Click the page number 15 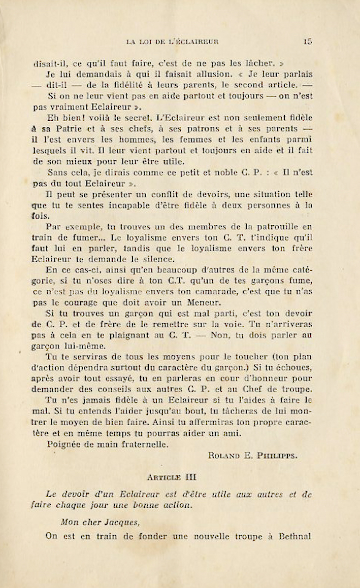[x=308, y=43]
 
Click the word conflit [x=174, y=195]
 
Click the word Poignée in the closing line [x=64, y=444]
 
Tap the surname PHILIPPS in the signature [x=279, y=456]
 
